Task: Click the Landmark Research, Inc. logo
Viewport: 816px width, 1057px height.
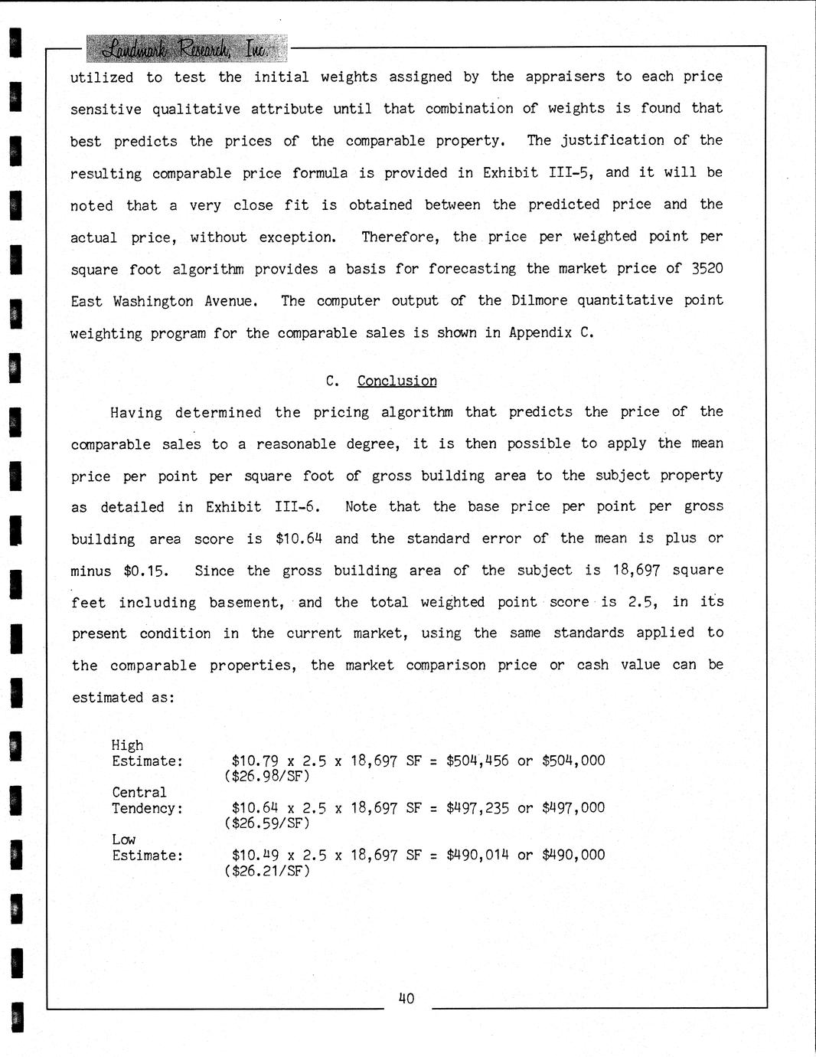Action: (x=186, y=49)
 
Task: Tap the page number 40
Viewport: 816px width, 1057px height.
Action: (x=406, y=998)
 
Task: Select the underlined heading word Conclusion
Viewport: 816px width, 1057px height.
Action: (x=397, y=381)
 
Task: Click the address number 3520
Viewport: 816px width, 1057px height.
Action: (x=707, y=268)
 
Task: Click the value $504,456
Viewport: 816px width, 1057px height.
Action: (x=478, y=761)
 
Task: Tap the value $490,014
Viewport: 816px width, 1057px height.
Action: (x=478, y=854)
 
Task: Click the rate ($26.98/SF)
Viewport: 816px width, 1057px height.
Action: (x=266, y=777)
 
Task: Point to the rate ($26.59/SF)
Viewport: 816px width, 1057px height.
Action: (x=266, y=823)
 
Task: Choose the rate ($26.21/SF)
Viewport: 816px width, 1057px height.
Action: (x=266, y=870)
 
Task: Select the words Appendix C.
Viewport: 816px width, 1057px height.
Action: (x=551, y=332)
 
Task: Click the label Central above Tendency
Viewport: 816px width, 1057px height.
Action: (x=139, y=792)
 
